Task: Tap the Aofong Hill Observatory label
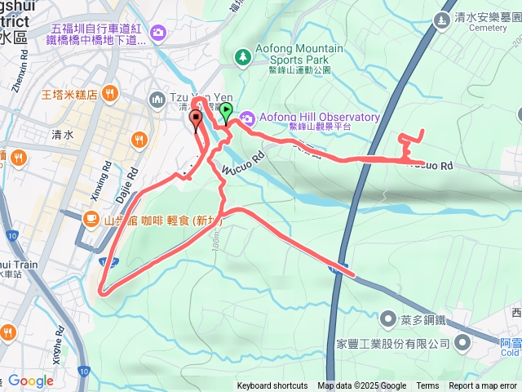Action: pos(319,117)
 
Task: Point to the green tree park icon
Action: pos(241,56)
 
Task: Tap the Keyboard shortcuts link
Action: pos(272,386)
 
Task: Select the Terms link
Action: pos(427,386)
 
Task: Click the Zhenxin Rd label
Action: pos(16,74)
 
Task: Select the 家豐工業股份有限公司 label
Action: pos(405,344)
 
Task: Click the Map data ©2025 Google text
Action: pos(362,386)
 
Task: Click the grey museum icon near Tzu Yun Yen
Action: pos(157,99)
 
